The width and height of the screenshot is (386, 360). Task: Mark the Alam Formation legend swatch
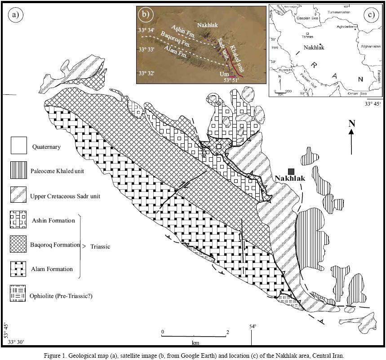tap(19, 269)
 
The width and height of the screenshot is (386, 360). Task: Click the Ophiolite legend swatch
tap(19, 293)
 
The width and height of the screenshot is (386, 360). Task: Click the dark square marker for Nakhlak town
tap(292, 171)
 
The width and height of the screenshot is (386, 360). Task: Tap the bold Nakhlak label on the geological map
tap(290, 178)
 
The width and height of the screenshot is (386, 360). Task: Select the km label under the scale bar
tap(195, 342)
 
